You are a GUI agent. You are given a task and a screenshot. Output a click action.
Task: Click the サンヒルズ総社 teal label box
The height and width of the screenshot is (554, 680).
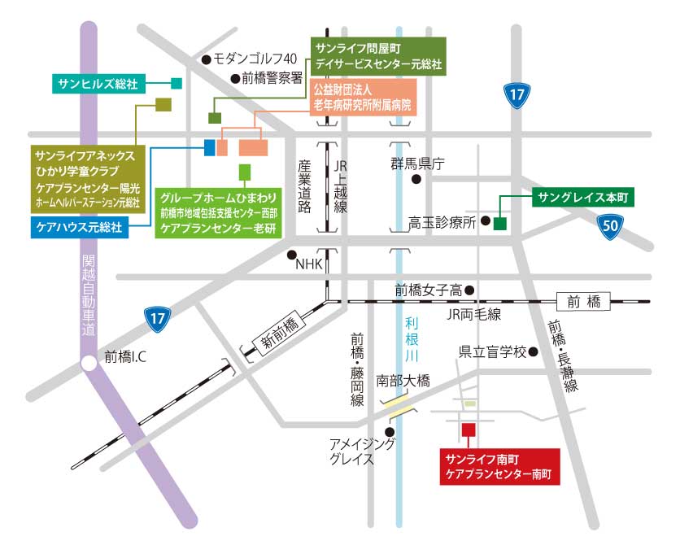coord(98,83)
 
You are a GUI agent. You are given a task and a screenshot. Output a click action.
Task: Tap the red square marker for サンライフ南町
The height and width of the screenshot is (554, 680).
coord(468,430)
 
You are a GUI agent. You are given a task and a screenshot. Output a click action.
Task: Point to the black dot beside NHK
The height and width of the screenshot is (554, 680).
coord(291,255)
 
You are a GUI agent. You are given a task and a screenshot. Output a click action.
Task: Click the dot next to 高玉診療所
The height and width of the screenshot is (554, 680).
coord(485,220)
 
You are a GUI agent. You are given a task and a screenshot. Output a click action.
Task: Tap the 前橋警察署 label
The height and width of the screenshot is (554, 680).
coord(272,78)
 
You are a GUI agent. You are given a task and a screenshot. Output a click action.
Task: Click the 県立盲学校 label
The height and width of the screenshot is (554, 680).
coord(491,352)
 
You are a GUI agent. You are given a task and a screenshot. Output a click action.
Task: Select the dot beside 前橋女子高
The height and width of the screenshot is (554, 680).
coord(469,290)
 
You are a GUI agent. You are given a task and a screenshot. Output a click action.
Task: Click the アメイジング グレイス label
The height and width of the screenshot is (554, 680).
coord(361,451)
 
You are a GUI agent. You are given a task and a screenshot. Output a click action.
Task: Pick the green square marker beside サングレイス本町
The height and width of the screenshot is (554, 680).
coord(500,222)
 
